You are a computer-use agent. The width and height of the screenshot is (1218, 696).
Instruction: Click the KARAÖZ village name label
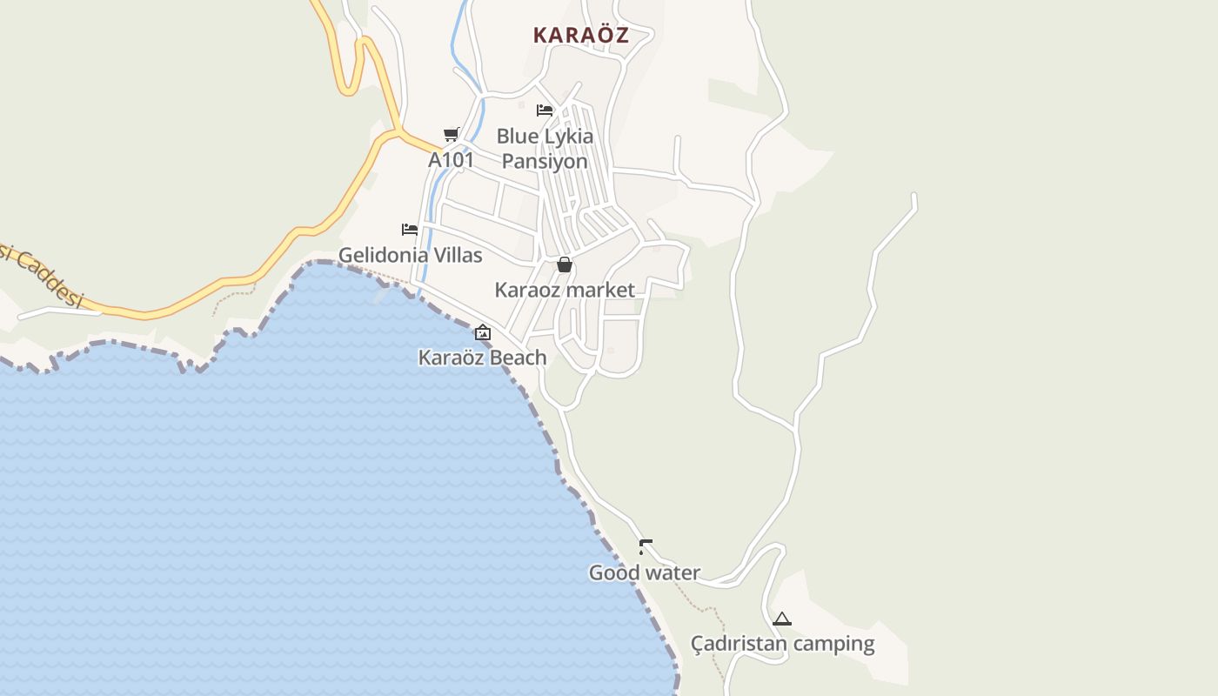580,36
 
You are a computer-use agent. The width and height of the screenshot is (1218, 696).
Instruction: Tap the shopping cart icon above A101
451,134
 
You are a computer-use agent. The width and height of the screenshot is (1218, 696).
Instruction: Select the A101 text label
451,160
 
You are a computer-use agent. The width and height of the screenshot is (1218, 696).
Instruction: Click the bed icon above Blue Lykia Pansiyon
545,110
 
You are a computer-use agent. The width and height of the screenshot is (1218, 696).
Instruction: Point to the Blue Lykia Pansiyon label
545,149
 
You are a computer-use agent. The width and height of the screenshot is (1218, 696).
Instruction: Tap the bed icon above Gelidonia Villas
410,230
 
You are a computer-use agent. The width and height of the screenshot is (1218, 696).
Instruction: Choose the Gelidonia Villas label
410,255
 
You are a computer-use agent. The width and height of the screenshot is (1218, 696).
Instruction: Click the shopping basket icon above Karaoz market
565,264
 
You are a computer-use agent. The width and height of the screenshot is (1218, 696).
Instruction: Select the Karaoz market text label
565,290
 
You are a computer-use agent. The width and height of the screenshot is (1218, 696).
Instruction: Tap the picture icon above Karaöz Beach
483,332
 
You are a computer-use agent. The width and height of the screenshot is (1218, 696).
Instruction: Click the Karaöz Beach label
482,358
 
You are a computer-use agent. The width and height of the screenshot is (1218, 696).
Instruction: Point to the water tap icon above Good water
645,547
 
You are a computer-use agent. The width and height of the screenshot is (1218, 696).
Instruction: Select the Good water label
645,572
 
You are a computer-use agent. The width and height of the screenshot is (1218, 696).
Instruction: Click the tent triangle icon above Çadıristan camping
782,619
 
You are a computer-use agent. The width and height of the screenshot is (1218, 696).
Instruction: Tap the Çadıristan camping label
782,644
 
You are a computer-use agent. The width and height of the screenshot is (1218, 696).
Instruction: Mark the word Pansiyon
545,161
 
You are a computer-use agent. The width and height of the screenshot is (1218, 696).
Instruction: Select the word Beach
518,358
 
